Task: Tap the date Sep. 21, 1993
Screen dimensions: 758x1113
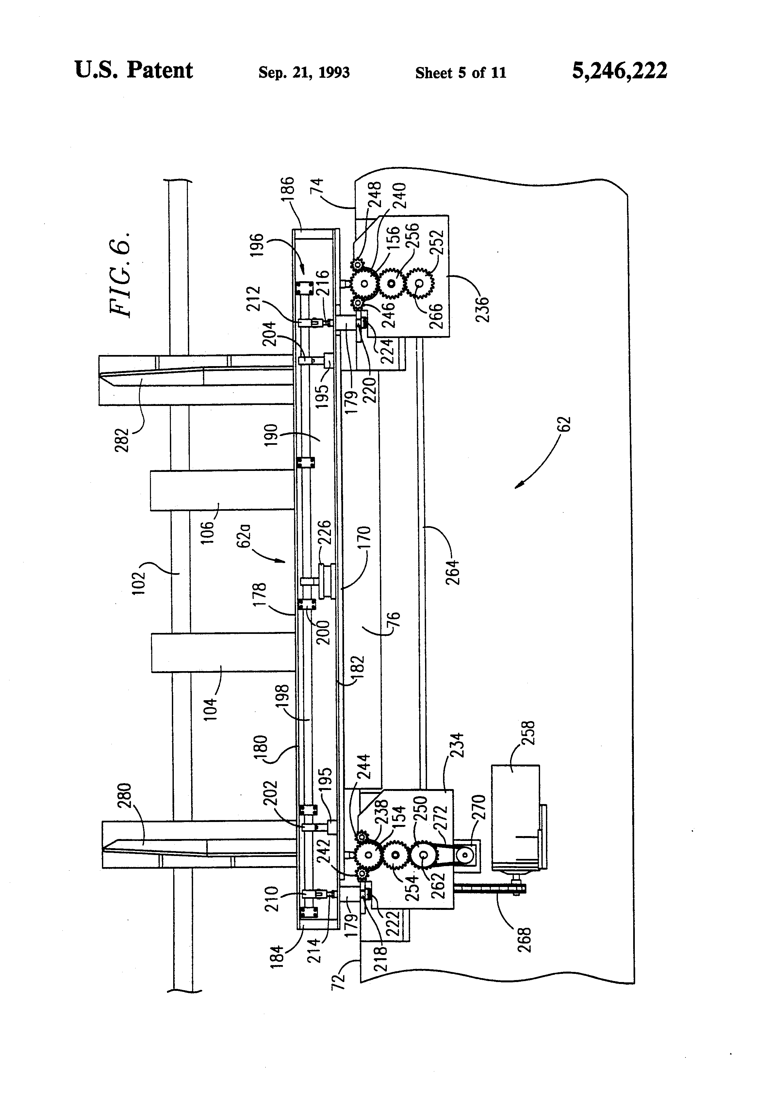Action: pos(304,73)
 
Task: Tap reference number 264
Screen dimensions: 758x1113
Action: pos(453,572)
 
